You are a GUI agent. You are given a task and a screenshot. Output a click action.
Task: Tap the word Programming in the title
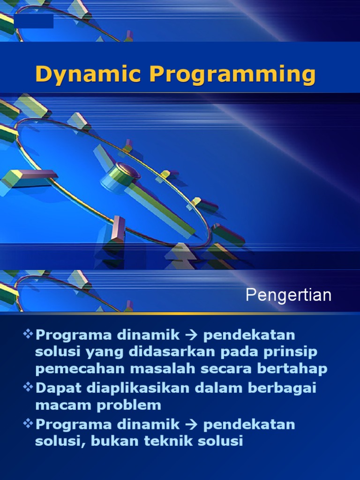[232, 75]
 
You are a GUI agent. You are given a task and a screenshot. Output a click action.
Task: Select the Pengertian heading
[288, 295]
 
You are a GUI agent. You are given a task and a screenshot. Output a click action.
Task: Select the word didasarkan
[161, 352]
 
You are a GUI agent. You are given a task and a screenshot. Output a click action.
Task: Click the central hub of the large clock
[127, 171]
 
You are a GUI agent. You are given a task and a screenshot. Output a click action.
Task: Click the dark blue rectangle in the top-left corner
[33, 21]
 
